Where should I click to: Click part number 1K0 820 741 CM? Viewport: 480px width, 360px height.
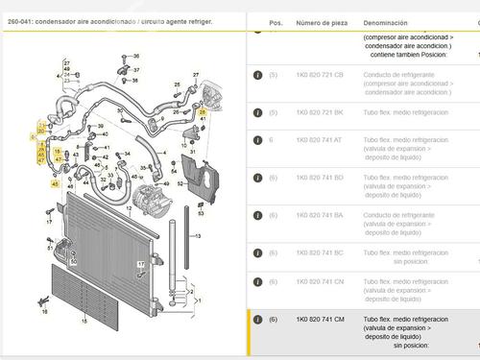tap(319, 320)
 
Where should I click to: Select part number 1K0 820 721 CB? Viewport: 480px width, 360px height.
tap(319, 74)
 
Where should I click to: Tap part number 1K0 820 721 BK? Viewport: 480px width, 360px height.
tap(319, 112)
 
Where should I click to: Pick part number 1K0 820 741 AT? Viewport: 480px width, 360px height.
tap(319, 140)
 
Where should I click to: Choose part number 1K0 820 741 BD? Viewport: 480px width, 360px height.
tap(319, 177)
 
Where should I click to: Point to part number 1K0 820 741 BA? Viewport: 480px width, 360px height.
tap(319, 215)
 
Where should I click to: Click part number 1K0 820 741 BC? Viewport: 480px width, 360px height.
tap(319, 252)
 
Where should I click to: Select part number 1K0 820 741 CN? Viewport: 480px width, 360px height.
tap(319, 281)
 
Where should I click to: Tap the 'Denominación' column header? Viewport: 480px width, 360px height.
tap(385, 21)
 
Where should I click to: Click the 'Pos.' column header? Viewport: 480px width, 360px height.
tap(276, 21)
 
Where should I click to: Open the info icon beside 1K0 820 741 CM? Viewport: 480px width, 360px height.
tap(257, 320)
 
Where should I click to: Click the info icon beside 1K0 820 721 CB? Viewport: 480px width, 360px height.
tap(257, 74)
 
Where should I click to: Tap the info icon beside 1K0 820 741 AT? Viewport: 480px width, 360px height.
tap(257, 140)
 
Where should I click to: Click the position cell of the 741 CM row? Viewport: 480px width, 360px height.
tap(274, 320)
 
